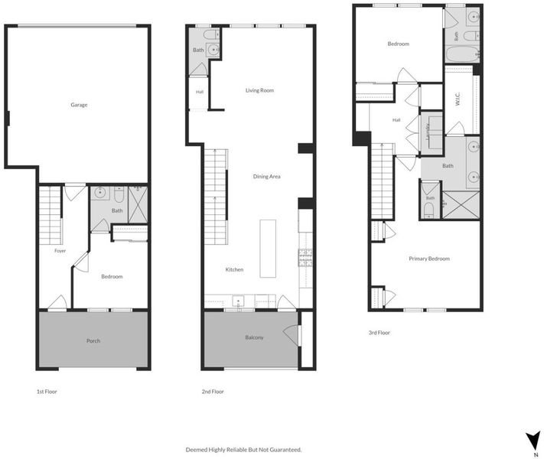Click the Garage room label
click(x=79, y=105)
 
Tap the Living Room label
click(x=259, y=90)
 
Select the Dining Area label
click(x=266, y=177)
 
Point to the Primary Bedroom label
click(x=429, y=259)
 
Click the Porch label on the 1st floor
click(x=93, y=341)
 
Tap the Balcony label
click(x=254, y=337)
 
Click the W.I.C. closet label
click(x=458, y=99)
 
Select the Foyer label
click(x=60, y=251)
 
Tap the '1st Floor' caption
click(x=47, y=392)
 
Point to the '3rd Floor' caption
click(x=379, y=333)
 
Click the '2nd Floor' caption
click(x=213, y=392)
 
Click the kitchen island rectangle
click(x=268, y=249)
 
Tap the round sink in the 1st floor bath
click(x=101, y=192)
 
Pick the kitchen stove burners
click(x=305, y=258)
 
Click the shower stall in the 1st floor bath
click(x=138, y=204)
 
